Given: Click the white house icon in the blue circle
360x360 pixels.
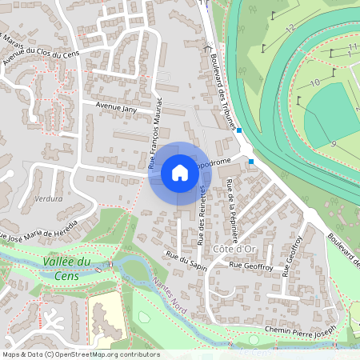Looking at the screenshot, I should (x=180, y=173).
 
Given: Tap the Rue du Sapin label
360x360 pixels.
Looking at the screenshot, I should (x=186, y=262).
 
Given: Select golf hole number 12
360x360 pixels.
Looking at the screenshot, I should (x=290, y=27).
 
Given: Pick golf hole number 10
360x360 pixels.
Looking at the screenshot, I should (x=314, y=82).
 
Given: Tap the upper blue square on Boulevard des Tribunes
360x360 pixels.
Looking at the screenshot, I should (x=238, y=129).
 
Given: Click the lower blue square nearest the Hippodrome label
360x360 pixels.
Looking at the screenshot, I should (x=252, y=162).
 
